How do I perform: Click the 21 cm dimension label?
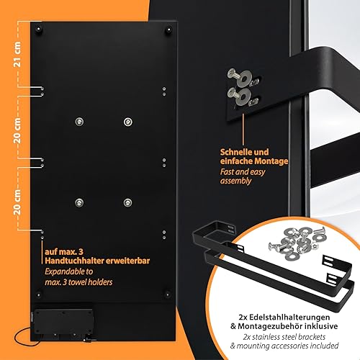tap(17, 55)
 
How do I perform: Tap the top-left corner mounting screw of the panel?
tap(38, 30)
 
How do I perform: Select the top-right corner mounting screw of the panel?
tap(168, 30)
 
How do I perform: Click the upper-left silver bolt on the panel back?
tap(79, 122)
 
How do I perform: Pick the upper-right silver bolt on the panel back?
tap(127, 122)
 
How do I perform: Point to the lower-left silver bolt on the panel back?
tap(79, 203)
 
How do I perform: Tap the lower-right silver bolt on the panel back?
tap(127, 203)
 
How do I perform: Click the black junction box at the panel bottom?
tap(63, 322)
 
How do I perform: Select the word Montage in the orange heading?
tap(271, 161)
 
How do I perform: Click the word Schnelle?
tap(235, 152)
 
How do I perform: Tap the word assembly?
tap(235, 181)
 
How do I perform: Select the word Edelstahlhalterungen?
tap(289, 317)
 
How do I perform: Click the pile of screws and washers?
tap(297, 242)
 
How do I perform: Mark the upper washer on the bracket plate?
tap(244, 78)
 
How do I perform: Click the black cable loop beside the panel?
tap(23, 337)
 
